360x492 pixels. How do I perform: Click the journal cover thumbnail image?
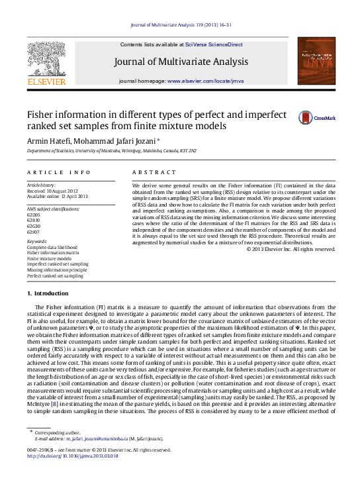314,63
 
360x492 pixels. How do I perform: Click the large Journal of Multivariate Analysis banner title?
181,62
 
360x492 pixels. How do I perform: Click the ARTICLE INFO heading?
50,172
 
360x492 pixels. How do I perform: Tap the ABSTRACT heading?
145,172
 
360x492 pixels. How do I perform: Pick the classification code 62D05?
33,216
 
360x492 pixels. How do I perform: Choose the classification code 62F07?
33,232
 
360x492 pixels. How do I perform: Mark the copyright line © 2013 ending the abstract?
291,249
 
